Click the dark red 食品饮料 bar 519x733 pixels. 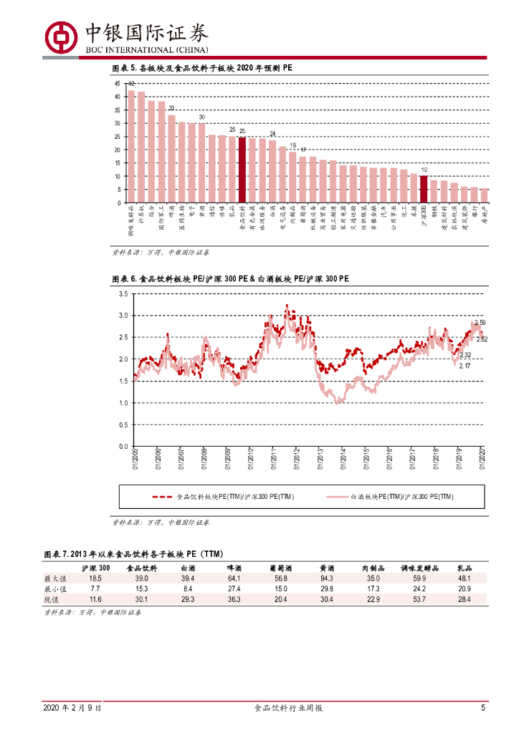tap(242, 170)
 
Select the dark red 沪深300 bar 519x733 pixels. tap(424, 189)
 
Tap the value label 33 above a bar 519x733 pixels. tap(171, 109)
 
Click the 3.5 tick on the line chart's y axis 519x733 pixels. tap(123, 293)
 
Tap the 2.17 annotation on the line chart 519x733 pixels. tap(465, 366)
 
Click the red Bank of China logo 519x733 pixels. tap(62, 36)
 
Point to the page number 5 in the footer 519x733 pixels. tap(483, 708)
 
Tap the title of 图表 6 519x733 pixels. tap(231, 278)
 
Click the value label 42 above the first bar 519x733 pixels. tap(131, 84)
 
